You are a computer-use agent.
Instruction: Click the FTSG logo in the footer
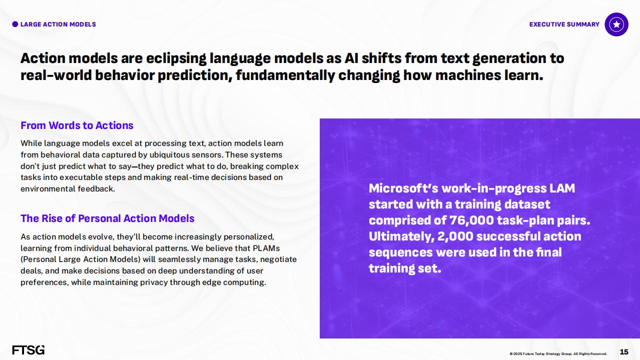[x=29, y=349]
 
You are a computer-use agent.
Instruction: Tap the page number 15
[x=624, y=352]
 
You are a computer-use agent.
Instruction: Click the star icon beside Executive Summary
[x=616, y=24]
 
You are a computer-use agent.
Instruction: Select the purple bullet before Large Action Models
[x=15, y=24]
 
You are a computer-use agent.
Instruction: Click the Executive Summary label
[x=564, y=24]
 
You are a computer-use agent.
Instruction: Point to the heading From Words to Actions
[x=77, y=125]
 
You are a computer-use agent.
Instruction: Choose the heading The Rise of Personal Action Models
[x=108, y=218]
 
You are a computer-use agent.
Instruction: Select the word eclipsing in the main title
[x=176, y=58]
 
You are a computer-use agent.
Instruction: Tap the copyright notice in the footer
[x=558, y=353]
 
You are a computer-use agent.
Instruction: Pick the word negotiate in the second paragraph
[x=278, y=259]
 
